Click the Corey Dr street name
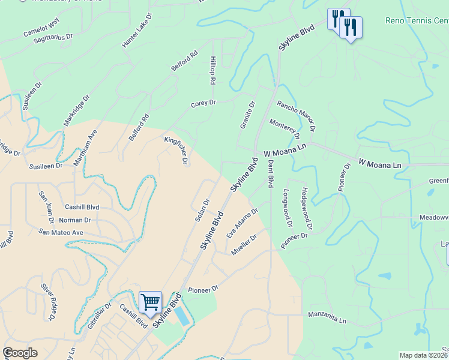coord(203,103)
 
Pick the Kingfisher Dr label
coord(176,151)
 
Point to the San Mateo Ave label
coord(61,232)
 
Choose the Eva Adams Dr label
coord(242,223)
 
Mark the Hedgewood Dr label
coord(307,208)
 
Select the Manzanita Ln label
coord(327,317)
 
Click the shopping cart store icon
coord(149,302)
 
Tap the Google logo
coord(20,353)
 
